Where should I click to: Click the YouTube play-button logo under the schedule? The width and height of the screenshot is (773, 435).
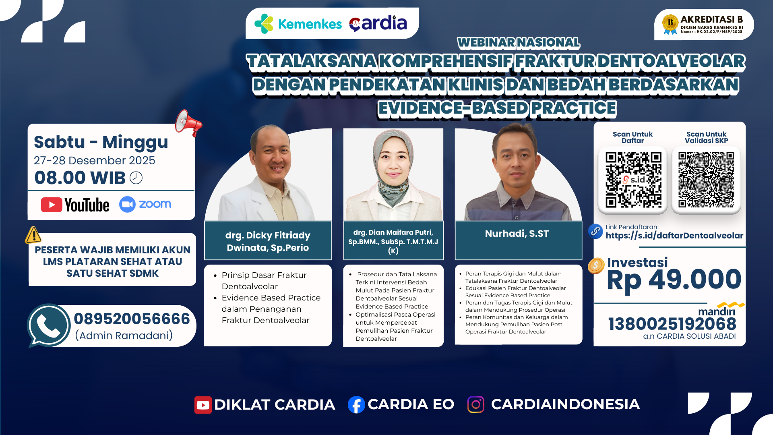coord(52,205)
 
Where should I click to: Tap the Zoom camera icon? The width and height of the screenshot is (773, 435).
coord(127,204)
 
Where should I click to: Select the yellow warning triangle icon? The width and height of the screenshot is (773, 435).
coord(33,235)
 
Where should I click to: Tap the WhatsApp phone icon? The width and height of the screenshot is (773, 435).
coord(49,325)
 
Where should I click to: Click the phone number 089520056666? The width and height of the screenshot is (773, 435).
coord(132,319)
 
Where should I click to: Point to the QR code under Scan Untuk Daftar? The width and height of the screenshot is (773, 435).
coord(633,180)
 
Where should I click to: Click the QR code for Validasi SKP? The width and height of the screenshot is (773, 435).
coord(706,180)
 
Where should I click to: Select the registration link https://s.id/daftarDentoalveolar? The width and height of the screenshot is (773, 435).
coord(674,236)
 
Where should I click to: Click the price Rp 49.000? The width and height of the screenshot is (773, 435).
coord(674,280)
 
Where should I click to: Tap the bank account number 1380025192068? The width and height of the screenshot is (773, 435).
coord(672,324)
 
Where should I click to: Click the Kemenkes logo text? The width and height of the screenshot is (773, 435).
coord(310,24)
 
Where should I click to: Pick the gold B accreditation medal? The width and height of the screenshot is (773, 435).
coord(670,23)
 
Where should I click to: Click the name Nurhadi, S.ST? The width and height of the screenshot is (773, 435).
coord(517,234)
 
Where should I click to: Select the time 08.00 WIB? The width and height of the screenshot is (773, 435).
coord(80,178)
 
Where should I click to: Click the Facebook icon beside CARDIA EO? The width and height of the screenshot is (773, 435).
coord(356,404)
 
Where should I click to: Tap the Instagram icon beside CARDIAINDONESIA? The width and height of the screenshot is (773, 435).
coord(475,404)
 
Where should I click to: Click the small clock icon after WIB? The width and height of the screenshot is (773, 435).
coord(136,178)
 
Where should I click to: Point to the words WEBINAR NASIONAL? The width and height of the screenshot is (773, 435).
coord(518,42)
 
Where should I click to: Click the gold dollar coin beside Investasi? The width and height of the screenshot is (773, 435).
coord(596,265)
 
